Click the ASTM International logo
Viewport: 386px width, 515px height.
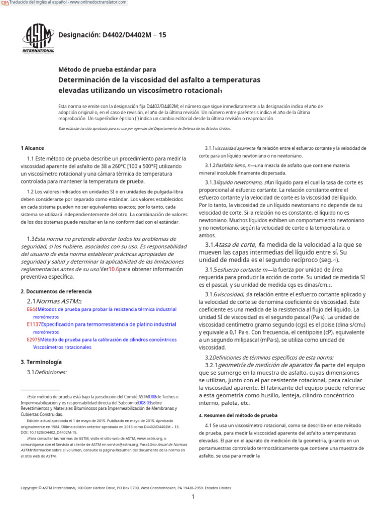click(x=38, y=37)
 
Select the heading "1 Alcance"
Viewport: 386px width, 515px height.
click(x=32, y=148)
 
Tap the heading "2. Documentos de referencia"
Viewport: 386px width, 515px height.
click(x=56, y=291)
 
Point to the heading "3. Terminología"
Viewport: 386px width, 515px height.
click(x=41, y=362)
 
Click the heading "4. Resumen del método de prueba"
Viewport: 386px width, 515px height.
click(x=238, y=415)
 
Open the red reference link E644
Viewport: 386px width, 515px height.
click(x=32, y=309)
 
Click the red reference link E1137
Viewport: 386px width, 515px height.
click(x=34, y=324)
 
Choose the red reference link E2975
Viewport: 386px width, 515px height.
click(x=34, y=339)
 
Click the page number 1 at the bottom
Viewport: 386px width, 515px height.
click(x=192, y=497)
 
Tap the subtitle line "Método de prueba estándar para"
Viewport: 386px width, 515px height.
click(x=108, y=69)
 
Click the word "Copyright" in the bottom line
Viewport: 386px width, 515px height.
click(x=30, y=488)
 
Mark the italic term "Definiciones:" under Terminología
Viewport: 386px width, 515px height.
click(x=51, y=372)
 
